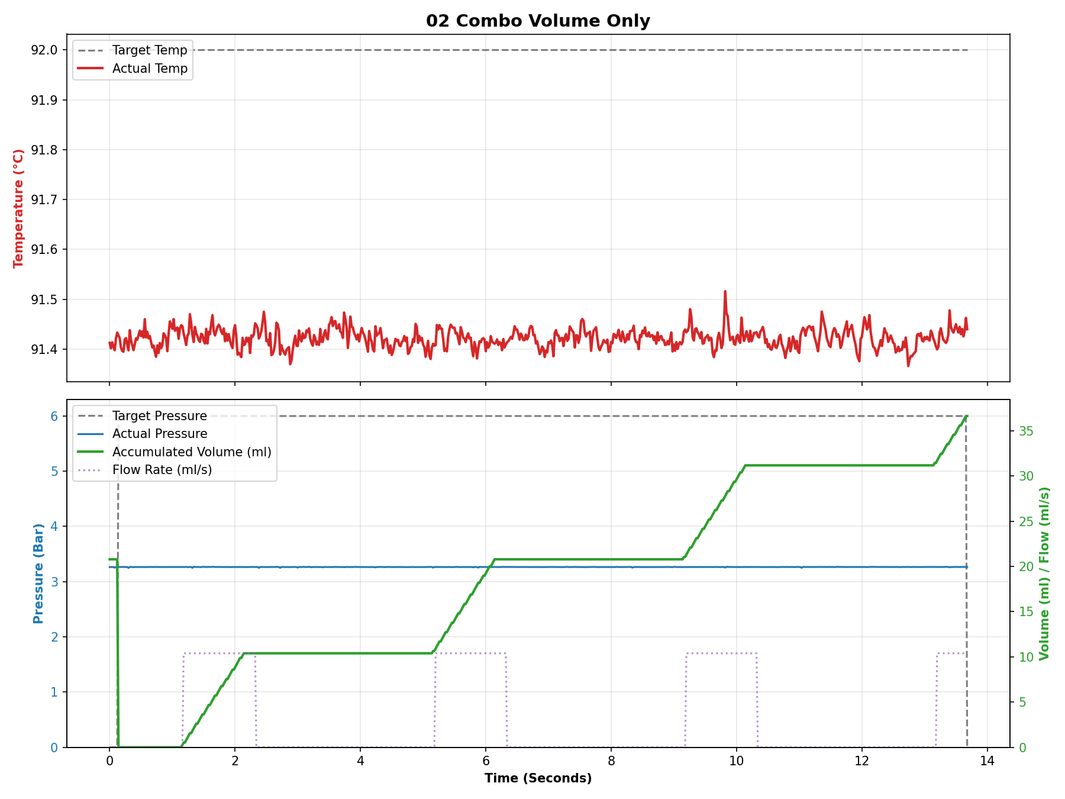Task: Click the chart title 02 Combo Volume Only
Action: coord(538,21)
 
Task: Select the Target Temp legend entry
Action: coord(150,50)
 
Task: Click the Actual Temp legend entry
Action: coord(150,69)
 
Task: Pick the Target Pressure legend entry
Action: coord(159,416)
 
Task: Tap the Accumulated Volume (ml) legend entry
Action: coord(191,452)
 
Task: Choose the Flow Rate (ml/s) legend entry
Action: coord(162,470)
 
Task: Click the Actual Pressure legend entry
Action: coord(159,434)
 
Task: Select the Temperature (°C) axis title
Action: coord(19,208)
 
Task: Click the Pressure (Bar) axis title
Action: coord(38,573)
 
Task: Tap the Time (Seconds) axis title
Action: coord(538,778)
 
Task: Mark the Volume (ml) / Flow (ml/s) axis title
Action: coord(1044,573)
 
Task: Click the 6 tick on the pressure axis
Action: coord(54,416)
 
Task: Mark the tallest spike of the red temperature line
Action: coord(725,292)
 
